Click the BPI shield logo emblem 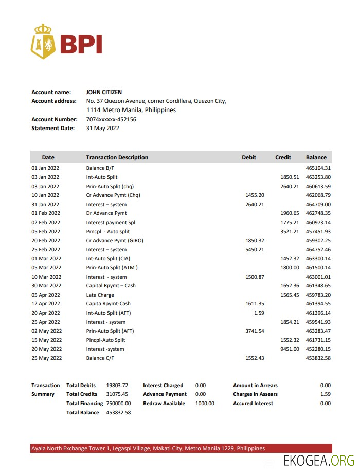coord(43,41)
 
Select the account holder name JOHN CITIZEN coord(104,92)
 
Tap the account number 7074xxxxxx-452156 coord(111,119)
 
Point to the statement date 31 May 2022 coord(102,128)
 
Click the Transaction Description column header coord(117,157)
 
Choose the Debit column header coord(249,157)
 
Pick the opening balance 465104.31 coord(318,168)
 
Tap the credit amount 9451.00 coord(289,349)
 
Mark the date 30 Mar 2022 coord(46,285)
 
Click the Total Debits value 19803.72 coord(117,385)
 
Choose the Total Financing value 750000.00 coord(119,404)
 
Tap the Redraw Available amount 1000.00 coord(205,404)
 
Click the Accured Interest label coord(253,404)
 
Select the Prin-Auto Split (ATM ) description coord(112,267)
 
